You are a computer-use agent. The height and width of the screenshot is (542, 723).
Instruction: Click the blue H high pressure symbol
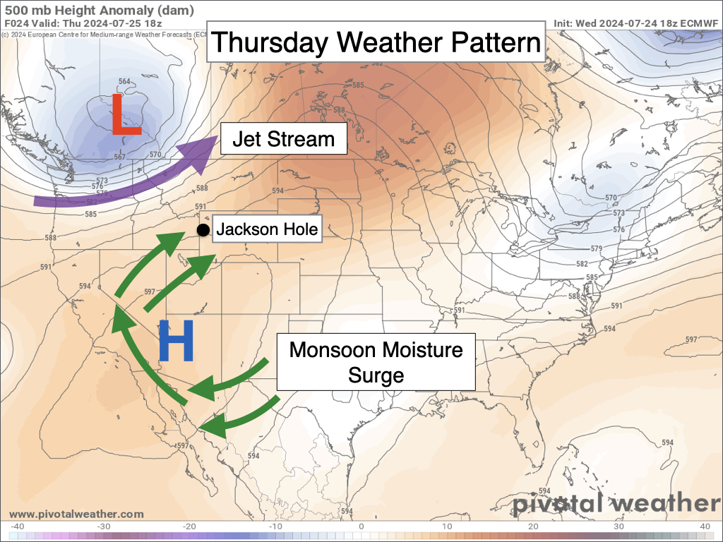[x=175, y=341]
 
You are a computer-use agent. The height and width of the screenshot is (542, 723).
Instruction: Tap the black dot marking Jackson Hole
[x=203, y=230]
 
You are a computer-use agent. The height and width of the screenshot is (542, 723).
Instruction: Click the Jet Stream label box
[x=284, y=139]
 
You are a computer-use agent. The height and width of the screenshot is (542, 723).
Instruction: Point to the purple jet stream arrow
[x=127, y=180]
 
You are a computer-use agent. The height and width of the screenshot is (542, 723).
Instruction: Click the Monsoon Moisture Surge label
[x=376, y=361]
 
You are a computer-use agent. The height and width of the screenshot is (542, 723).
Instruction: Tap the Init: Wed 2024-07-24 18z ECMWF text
[x=635, y=23]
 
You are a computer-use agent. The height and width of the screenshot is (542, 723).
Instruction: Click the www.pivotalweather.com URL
[x=76, y=514]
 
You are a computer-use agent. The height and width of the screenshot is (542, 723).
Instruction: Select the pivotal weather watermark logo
[x=614, y=504]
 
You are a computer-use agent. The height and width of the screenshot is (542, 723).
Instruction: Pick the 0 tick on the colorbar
[x=361, y=526]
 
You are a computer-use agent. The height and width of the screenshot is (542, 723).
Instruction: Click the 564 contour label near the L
[x=124, y=82]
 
